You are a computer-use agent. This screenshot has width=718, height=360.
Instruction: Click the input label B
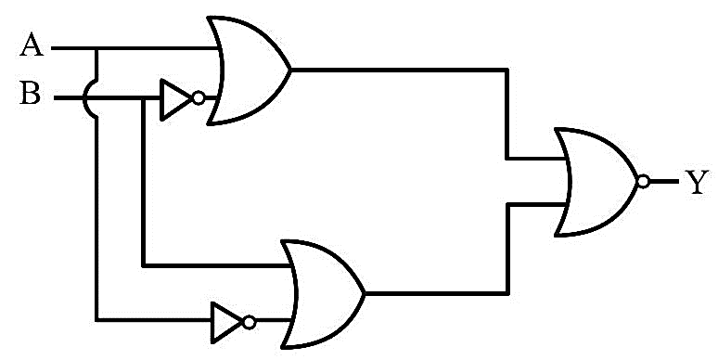click(x=31, y=94)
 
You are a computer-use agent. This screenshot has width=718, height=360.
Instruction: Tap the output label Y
click(x=697, y=182)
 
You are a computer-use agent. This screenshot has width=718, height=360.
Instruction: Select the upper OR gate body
click(x=249, y=71)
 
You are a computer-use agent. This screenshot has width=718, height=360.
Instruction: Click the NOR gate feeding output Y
click(x=596, y=182)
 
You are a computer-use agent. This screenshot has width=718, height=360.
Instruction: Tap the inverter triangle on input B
click(x=175, y=100)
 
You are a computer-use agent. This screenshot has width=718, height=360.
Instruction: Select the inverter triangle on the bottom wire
click(x=226, y=323)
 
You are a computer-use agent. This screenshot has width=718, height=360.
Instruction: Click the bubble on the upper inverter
click(x=199, y=98)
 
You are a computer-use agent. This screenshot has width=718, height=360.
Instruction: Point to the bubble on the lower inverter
click(x=250, y=323)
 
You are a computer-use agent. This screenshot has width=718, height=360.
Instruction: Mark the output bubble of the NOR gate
click(x=644, y=182)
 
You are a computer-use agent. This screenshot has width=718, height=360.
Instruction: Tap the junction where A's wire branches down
click(x=96, y=47)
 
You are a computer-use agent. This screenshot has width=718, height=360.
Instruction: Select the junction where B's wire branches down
click(x=144, y=98)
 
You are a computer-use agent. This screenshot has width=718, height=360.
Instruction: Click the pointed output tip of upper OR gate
click(x=290, y=71)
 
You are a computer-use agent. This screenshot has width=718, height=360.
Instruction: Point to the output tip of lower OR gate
click(x=365, y=293)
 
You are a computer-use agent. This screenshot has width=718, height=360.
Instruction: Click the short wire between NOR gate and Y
click(x=664, y=182)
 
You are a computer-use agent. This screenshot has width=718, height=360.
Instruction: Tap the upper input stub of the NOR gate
click(x=536, y=159)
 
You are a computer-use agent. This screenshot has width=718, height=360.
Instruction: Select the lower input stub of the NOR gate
click(x=536, y=204)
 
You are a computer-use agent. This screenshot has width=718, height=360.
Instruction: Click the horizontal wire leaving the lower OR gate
click(x=436, y=293)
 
